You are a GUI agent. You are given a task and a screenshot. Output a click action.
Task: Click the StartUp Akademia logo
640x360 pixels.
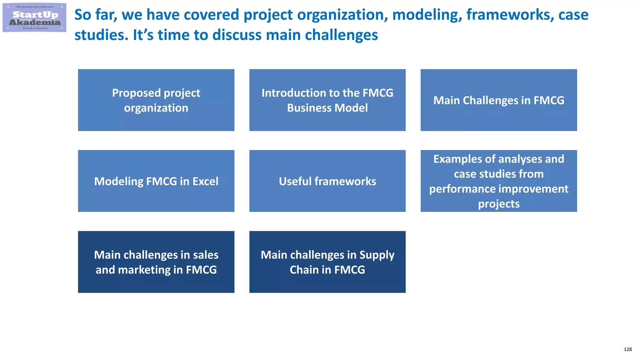(x=34, y=18)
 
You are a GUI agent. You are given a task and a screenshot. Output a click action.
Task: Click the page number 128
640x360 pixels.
(x=627, y=349)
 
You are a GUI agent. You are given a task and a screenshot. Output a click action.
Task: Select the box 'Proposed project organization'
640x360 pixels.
(x=156, y=100)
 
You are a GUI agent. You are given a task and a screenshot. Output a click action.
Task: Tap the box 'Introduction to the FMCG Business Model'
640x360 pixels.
(x=327, y=100)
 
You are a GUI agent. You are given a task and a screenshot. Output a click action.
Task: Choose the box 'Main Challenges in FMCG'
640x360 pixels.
(x=498, y=100)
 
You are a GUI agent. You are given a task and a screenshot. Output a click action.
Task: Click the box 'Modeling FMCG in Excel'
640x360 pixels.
(x=156, y=181)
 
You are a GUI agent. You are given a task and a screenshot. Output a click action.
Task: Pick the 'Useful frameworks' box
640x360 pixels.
(x=327, y=181)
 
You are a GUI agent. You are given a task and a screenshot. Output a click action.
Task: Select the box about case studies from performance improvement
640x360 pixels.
(x=498, y=181)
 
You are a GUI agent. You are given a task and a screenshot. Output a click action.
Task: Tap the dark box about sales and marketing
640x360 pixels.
(x=156, y=262)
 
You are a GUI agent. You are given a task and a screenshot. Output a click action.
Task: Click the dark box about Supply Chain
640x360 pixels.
(x=327, y=262)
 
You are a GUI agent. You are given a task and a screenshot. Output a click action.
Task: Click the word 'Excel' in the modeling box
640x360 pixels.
(x=205, y=182)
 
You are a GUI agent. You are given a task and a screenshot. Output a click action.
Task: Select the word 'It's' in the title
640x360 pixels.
(x=143, y=35)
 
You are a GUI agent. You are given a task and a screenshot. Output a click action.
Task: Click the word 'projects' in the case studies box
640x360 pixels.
(x=499, y=204)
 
